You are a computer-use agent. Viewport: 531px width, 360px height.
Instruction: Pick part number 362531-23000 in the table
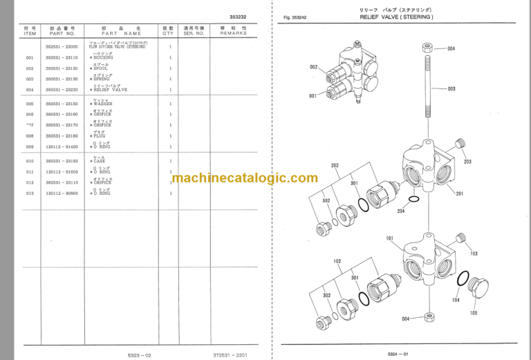(61, 46)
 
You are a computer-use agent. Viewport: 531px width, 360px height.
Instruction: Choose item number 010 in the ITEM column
(30, 160)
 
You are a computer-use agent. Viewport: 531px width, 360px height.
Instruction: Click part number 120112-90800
(61, 193)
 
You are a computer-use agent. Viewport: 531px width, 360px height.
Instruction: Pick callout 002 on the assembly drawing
(313, 67)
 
